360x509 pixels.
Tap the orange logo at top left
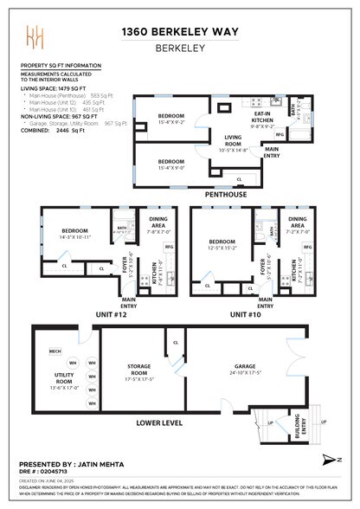35,37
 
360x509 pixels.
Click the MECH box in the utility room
54,351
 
